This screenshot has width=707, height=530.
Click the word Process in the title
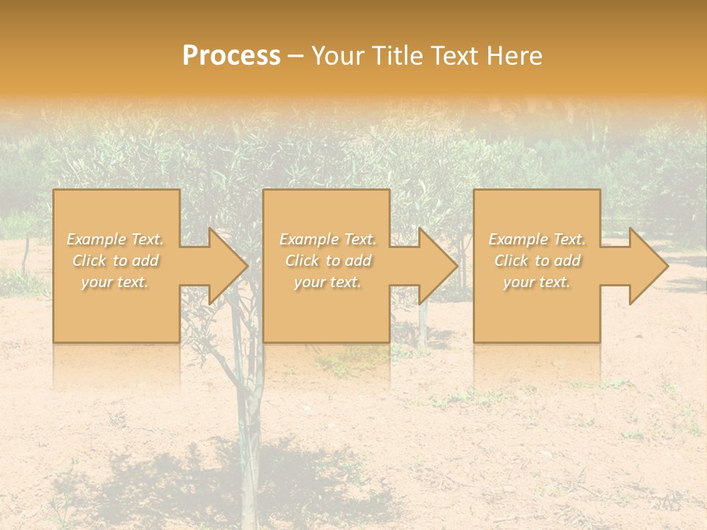click(231, 56)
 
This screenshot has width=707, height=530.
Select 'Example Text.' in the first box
click(116, 239)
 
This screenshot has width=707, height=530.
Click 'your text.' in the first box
click(116, 282)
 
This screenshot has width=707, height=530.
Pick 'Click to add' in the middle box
click(328, 261)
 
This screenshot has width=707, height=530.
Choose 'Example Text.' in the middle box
click(328, 239)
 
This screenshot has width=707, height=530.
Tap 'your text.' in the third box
click(537, 282)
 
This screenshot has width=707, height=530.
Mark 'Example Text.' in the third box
click(537, 239)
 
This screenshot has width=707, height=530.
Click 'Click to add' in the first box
click(116, 261)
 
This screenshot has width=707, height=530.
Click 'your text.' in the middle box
click(328, 282)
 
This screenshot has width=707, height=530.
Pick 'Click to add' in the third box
click(537, 261)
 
